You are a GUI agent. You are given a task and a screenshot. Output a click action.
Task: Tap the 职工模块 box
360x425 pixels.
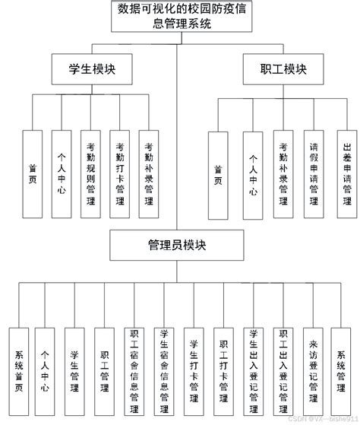(274, 70)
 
